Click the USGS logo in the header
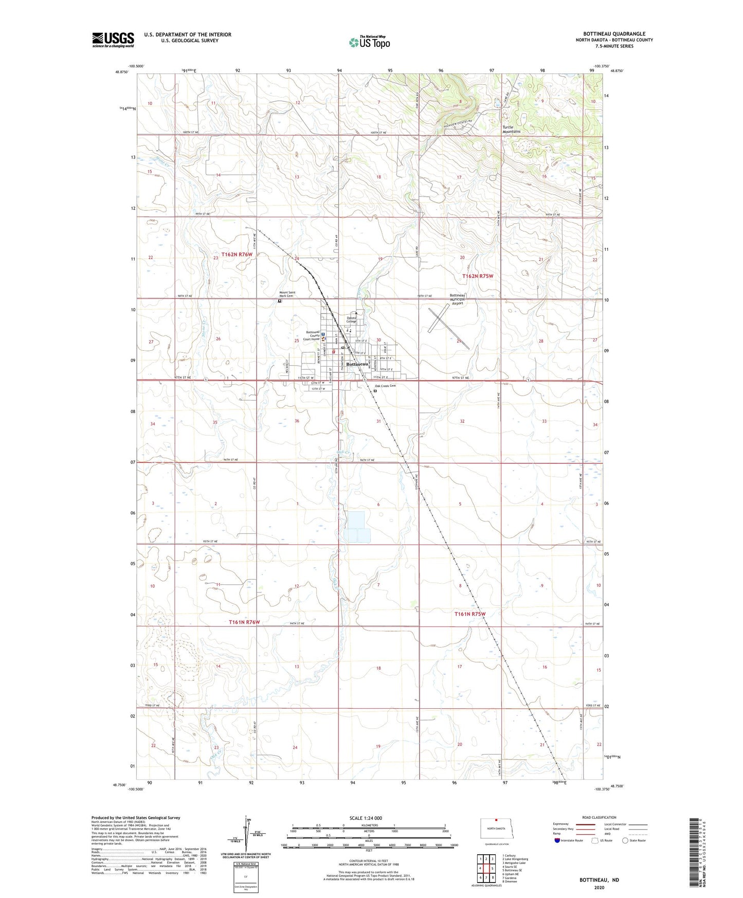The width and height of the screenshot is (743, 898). (x=113, y=40)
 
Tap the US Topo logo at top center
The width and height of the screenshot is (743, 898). (x=369, y=42)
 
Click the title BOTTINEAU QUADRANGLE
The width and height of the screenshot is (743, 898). (x=614, y=34)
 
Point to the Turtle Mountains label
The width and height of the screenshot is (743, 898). (x=511, y=129)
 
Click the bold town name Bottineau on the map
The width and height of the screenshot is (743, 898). (x=357, y=364)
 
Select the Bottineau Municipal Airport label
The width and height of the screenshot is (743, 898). (x=457, y=299)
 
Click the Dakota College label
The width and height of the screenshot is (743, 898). (x=352, y=319)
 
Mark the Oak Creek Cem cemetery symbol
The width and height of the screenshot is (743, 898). (x=375, y=391)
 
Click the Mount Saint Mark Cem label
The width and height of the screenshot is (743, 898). (x=287, y=294)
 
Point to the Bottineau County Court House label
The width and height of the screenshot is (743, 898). (x=312, y=335)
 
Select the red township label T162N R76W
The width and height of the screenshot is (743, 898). (x=237, y=255)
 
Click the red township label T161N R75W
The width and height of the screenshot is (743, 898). (x=469, y=614)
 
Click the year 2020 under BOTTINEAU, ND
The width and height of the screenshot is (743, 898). (x=599, y=887)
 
